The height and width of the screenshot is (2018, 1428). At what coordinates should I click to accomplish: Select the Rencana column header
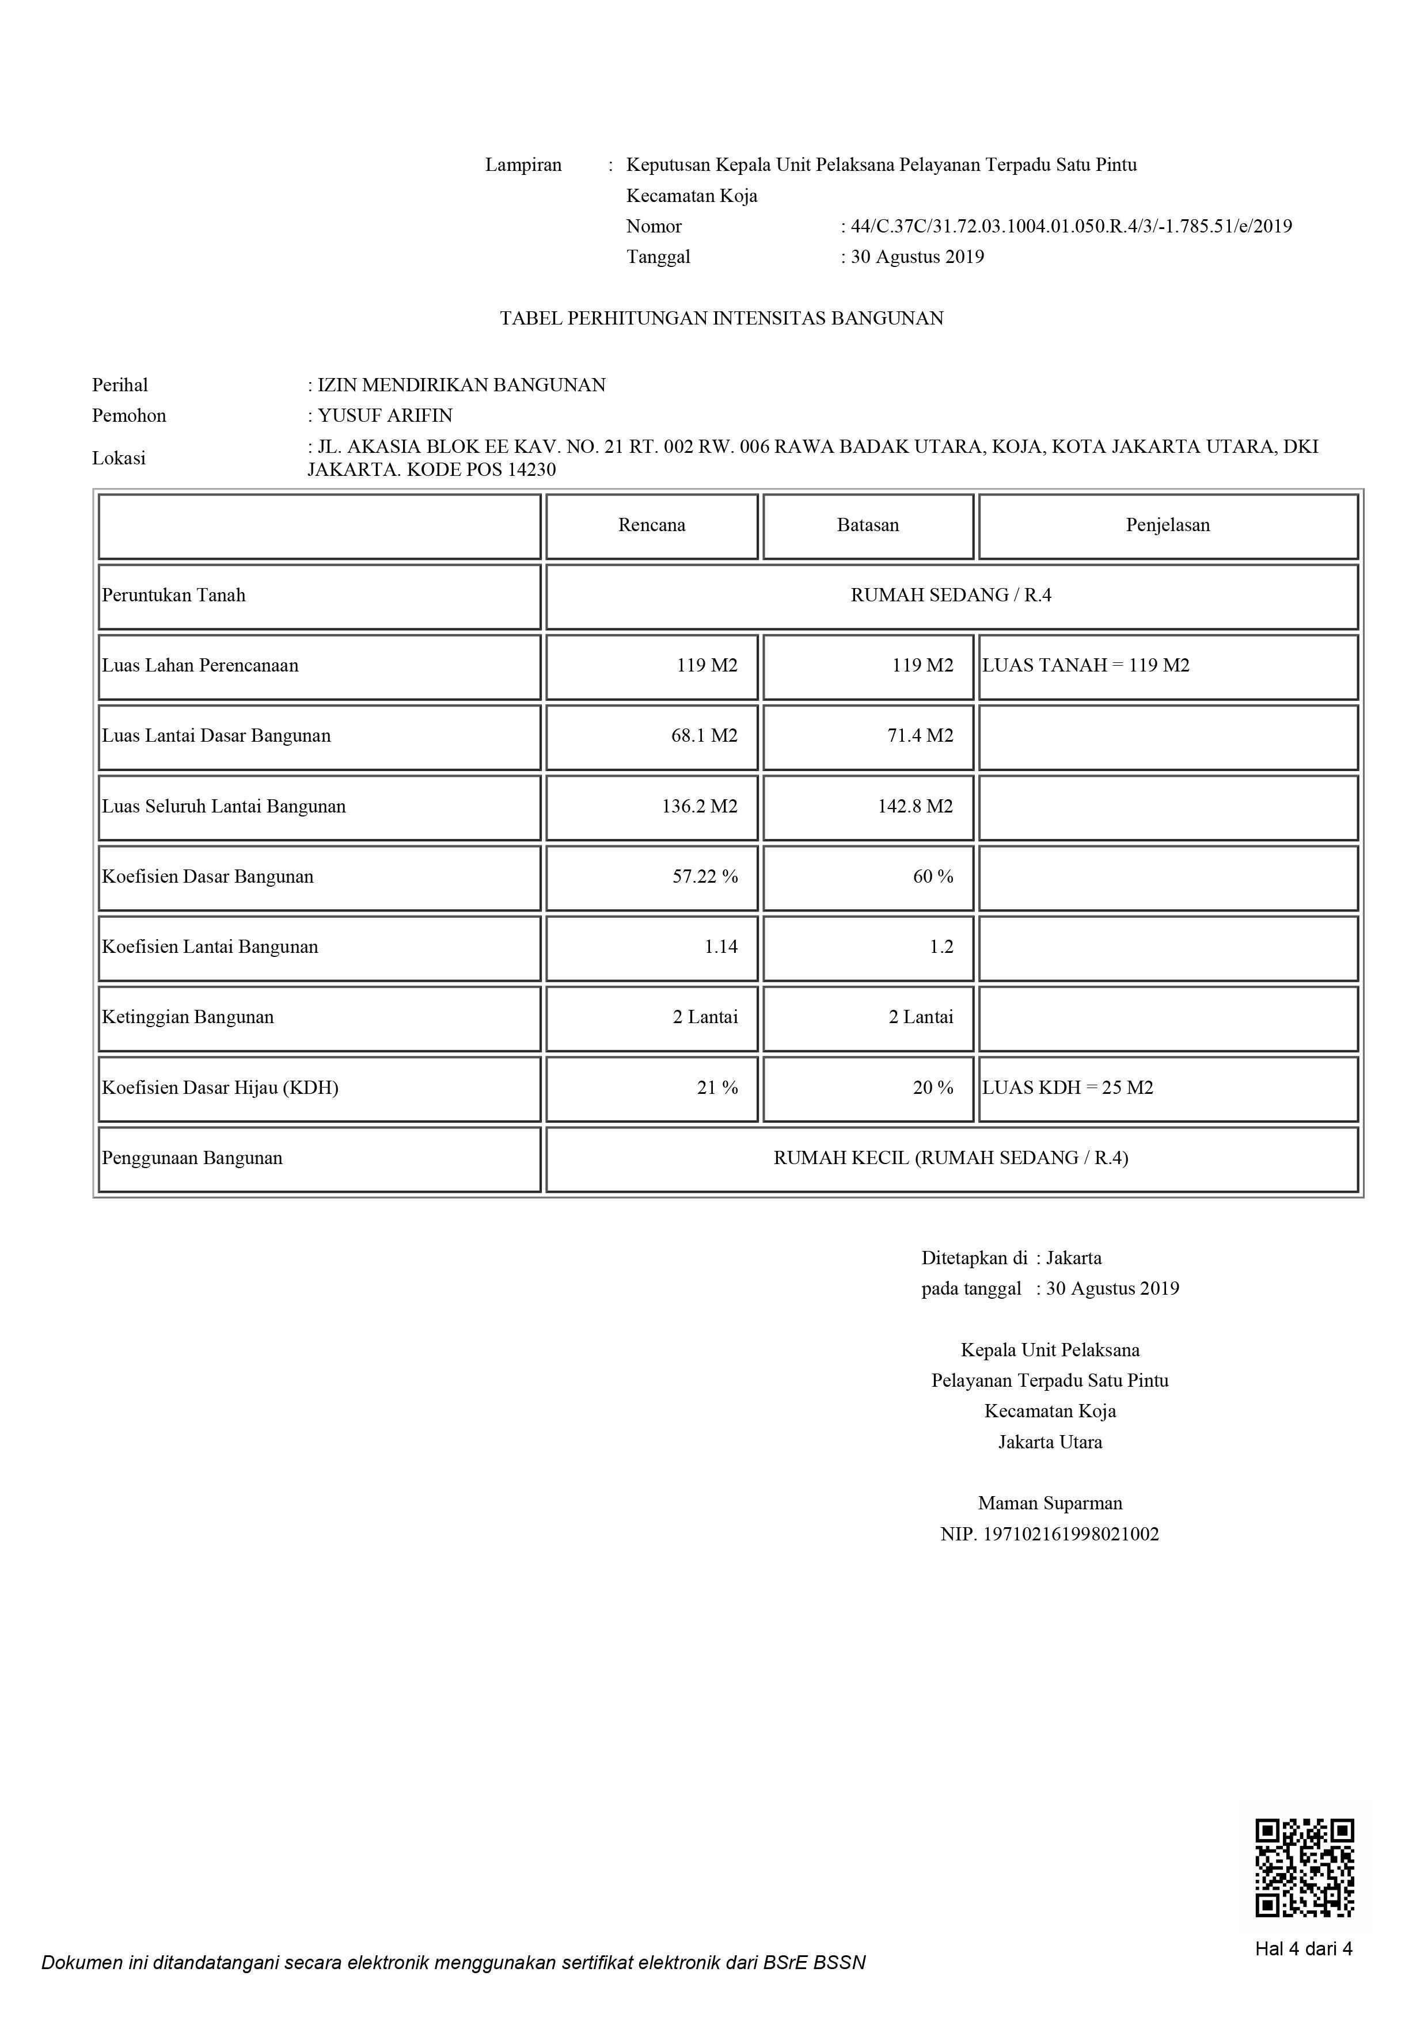click(x=652, y=525)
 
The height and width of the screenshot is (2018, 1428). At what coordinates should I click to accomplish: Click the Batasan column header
click(x=868, y=525)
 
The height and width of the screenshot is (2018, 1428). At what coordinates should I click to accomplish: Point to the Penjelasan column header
click(x=1168, y=525)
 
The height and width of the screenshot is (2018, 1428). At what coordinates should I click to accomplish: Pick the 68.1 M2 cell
click(x=704, y=735)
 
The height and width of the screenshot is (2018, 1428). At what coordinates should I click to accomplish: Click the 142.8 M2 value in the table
click(x=916, y=806)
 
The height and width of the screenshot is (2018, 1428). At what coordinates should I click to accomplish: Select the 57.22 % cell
click(x=705, y=876)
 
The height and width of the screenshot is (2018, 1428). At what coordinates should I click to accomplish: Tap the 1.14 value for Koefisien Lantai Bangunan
click(x=721, y=947)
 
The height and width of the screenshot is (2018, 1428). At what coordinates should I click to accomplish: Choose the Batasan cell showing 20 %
click(x=933, y=1087)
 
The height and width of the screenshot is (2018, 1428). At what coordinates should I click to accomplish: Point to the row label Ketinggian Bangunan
click(x=188, y=1017)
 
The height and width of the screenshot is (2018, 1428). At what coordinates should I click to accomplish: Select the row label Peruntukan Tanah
click(x=174, y=595)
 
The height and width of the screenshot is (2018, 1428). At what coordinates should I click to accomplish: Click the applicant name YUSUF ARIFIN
click(x=385, y=415)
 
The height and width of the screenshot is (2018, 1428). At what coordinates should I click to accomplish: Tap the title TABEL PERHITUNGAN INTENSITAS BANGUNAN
click(x=722, y=318)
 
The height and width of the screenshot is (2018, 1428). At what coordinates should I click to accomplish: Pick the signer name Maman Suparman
click(x=1050, y=1503)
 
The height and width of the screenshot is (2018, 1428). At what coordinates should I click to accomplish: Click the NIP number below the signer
click(x=1050, y=1533)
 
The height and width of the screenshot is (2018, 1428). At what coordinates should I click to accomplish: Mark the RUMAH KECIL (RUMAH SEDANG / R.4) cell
click(x=951, y=1158)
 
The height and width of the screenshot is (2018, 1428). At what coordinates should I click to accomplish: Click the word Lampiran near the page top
click(x=523, y=165)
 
